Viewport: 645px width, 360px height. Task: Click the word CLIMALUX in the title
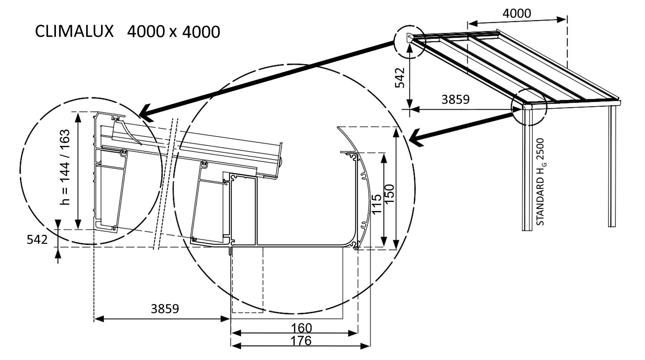[x=74, y=32]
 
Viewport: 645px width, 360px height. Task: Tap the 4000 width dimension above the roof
[x=516, y=14]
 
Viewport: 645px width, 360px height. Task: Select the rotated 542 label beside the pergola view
[x=400, y=77]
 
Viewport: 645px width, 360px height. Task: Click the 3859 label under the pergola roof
[x=455, y=99]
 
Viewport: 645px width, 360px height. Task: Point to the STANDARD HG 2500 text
[x=540, y=182]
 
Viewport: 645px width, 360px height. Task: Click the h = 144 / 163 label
[x=65, y=167]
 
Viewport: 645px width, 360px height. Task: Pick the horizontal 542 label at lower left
[x=37, y=240]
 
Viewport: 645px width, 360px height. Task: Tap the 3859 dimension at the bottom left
[x=164, y=309]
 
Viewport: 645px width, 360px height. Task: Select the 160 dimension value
[x=301, y=328]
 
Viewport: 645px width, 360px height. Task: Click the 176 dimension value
[x=301, y=340]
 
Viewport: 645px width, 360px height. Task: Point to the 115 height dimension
[x=376, y=204]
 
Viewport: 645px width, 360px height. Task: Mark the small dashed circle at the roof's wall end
[x=410, y=41]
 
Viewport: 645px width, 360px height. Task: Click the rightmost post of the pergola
[x=612, y=165]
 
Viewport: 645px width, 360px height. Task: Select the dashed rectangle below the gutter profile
[x=247, y=280]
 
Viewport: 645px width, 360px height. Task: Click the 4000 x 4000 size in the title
[x=173, y=32]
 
